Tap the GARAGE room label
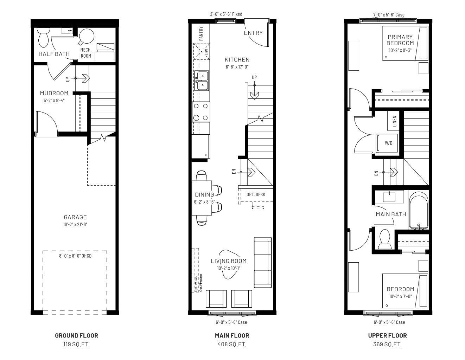75,217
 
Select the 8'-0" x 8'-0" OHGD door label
75,256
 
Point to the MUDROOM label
54,93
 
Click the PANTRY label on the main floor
201,33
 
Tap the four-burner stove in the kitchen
200,112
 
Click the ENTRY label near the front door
253,33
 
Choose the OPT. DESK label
256,194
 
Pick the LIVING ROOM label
229,261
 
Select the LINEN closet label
394,121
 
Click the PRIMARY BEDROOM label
400,40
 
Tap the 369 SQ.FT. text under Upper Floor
387,344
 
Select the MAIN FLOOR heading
232,335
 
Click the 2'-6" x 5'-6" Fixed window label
226,14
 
